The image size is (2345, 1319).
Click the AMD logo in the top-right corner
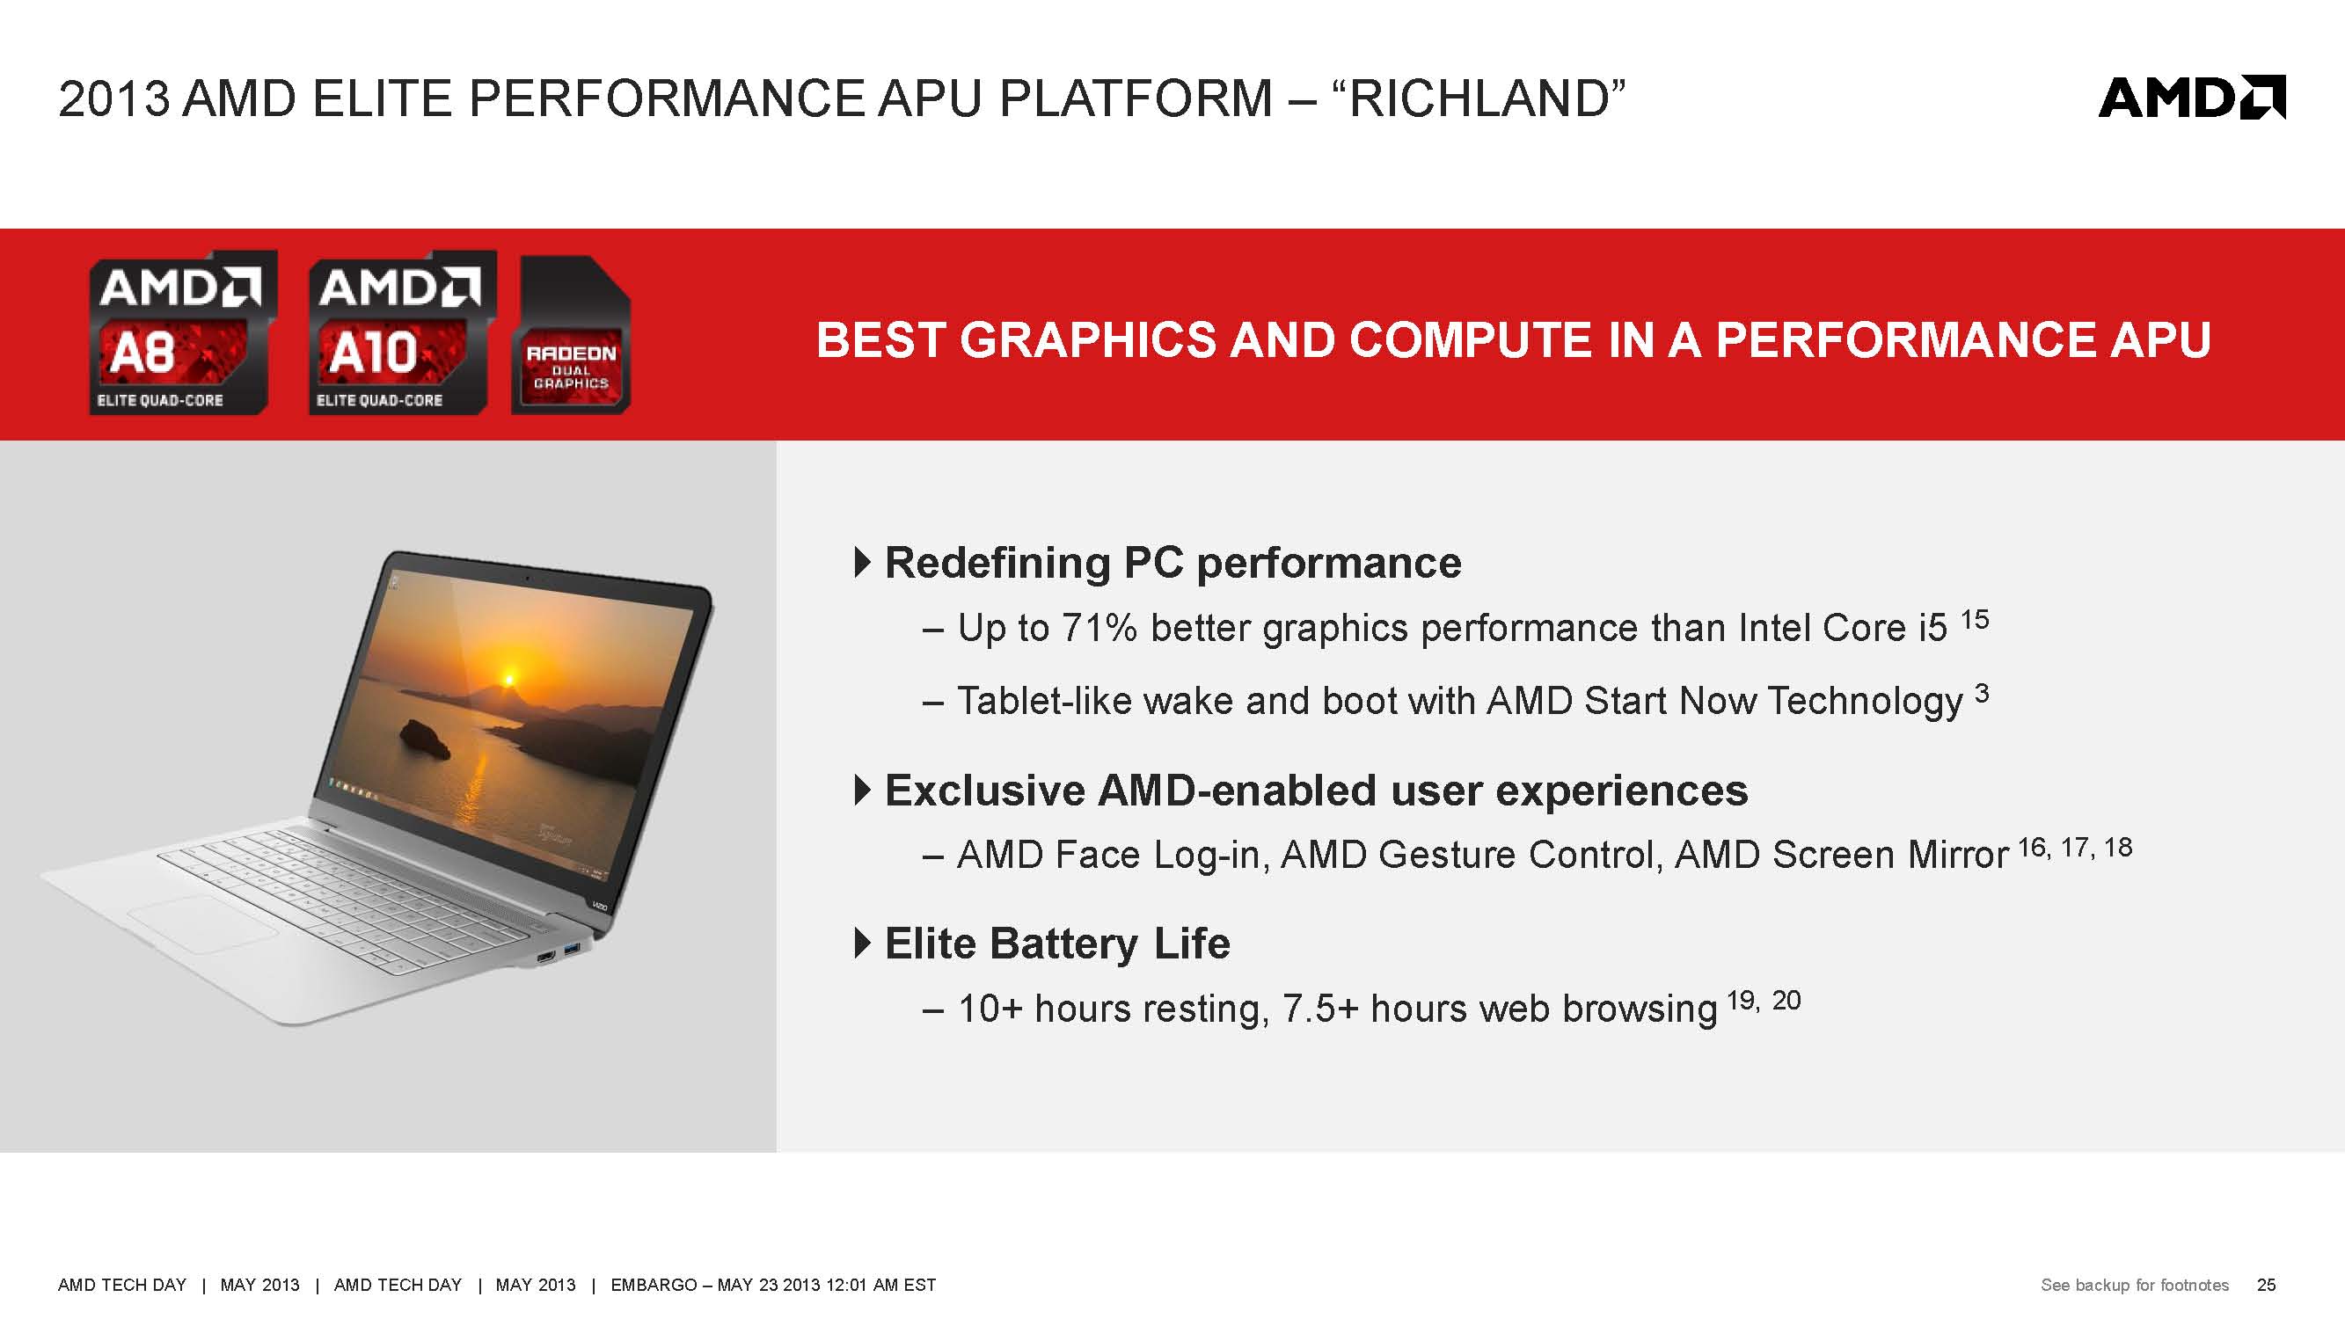pos(2191,98)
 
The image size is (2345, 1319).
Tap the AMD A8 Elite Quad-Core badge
pos(182,333)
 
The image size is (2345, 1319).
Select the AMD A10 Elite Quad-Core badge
pos(401,333)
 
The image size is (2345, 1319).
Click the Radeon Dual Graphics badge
pos(571,335)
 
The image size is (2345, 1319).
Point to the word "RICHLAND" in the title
pos(1479,98)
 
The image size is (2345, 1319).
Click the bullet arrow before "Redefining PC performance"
pos(863,563)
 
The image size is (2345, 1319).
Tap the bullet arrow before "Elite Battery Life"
pos(863,943)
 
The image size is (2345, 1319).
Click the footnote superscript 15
pos(1975,620)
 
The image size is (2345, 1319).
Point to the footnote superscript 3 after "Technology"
pos(1982,694)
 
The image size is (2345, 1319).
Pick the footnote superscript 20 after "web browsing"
pos(1786,1001)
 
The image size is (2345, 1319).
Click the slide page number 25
pos(2267,1285)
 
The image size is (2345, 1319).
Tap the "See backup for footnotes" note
pos(2135,1285)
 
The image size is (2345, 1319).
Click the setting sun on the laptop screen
pos(509,678)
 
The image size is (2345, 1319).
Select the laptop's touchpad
pos(202,923)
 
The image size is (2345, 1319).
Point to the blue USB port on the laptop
pos(571,951)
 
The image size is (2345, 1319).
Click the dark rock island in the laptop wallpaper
pos(425,740)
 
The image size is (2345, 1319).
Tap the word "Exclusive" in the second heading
pos(985,791)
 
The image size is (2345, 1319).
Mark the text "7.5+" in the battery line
pos(1320,1009)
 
